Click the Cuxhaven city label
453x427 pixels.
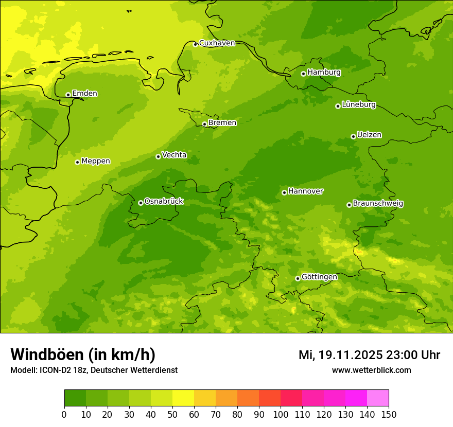(217, 43)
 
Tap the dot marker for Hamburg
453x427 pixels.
(304, 74)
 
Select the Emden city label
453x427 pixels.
(84, 94)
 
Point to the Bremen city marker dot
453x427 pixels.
(204, 124)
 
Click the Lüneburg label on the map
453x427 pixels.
(359, 105)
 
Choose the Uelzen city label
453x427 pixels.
(369, 135)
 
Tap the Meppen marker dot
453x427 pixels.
(77, 162)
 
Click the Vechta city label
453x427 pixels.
(174, 155)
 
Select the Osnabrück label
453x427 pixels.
(164, 202)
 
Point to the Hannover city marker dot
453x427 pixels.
(284, 192)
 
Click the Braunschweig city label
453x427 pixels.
(378, 204)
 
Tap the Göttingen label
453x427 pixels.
(319, 277)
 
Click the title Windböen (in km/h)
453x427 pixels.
(83, 354)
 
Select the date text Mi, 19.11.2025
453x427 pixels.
(340, 355)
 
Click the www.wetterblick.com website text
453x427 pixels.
(371, 370)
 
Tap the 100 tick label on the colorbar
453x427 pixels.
(281, 414)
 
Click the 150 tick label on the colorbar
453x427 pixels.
(389, 414)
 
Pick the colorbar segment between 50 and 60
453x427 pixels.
(183, 398)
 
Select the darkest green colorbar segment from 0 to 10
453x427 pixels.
(75, 398)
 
